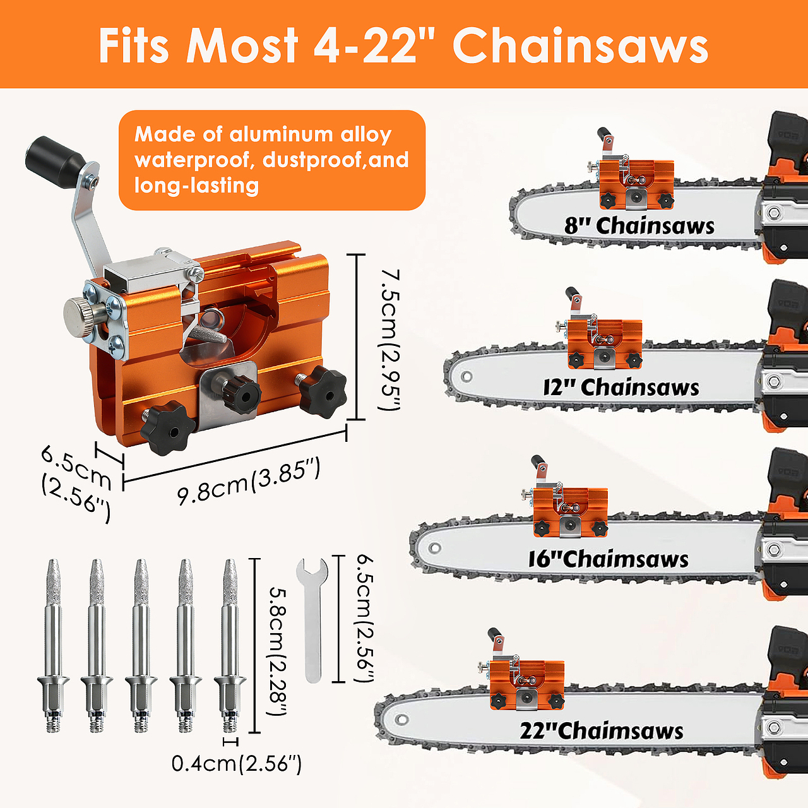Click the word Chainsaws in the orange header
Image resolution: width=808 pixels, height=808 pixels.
click(580, 45)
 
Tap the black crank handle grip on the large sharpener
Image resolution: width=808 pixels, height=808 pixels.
click(56, 157)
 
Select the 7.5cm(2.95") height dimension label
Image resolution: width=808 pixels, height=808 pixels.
click(389, 340)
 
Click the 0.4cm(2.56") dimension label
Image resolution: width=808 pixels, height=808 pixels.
click(237, 763)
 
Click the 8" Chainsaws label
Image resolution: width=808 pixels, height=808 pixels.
click(639, 225)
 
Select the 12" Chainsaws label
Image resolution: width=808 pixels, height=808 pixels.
click(621, 387)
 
